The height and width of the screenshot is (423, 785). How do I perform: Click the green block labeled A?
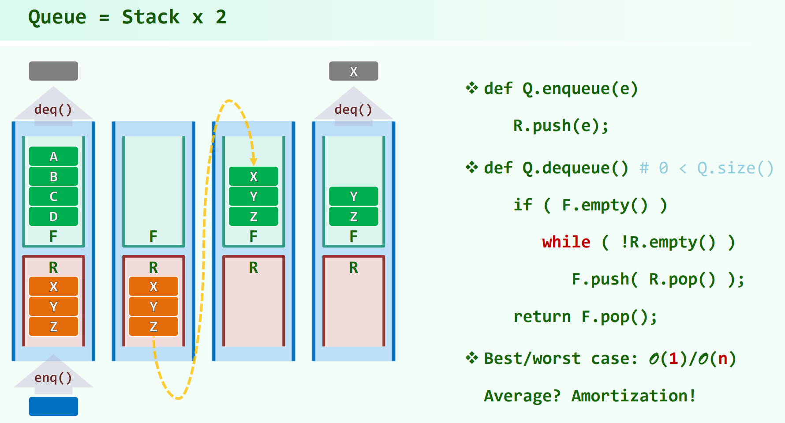click(53, 157)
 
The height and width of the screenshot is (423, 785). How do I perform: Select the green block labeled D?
click(53, 217)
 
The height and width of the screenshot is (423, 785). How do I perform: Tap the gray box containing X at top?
click(353, 71)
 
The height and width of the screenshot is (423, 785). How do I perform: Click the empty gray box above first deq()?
click(53, 71)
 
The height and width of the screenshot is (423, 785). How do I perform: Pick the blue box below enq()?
click(53, 406)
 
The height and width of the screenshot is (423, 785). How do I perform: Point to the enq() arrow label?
click(53, 378)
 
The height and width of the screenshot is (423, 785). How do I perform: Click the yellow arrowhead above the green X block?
click(254, 161)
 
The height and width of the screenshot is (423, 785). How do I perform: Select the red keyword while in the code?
click(566, 242)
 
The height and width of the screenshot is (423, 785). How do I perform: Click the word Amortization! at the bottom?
click(633, 396)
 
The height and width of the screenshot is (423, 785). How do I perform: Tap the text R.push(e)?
click(561, 126)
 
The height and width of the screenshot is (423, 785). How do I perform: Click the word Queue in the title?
click(57, 17)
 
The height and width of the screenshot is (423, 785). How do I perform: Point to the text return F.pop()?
click(585, 317)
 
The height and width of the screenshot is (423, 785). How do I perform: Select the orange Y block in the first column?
click(53, 307)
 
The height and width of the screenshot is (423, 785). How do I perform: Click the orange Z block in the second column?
click(153, 326)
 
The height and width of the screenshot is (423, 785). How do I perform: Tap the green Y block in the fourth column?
click(353, 196)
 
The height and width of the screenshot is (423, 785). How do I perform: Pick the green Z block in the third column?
click(254, 217)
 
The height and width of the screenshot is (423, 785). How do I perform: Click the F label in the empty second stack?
click(153, 236)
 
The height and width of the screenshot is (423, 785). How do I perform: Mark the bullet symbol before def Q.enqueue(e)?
click(471, 88)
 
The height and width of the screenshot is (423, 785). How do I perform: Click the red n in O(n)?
click(722, 359)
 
